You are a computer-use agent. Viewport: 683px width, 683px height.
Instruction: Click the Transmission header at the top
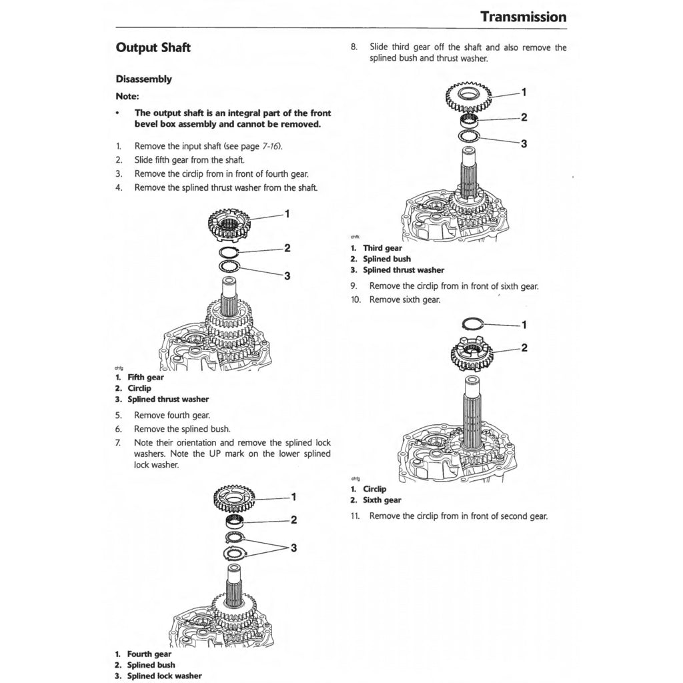[523, 17]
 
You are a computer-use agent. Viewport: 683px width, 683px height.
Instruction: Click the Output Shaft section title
[153, 48]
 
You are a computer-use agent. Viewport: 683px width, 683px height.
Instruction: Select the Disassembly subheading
[143, 79]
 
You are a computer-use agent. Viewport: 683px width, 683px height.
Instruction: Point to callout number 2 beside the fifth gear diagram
[287, 248]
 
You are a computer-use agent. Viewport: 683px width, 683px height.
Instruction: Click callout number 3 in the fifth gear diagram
[287, 275]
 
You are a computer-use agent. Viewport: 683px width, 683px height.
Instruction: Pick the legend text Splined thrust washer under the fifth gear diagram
[168, 400]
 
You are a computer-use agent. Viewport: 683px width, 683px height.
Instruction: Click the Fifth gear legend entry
[145, 378]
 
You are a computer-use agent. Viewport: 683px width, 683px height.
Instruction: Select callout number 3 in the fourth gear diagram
[293, 548]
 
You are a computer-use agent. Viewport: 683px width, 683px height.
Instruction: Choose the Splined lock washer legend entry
[164, 676]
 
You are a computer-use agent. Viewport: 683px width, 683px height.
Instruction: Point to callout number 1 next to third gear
[524, 91]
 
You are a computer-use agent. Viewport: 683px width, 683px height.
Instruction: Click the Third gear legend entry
[382, 248]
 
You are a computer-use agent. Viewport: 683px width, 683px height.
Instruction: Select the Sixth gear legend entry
[382, 500]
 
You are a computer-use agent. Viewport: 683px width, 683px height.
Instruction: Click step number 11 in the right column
[356, 516]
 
